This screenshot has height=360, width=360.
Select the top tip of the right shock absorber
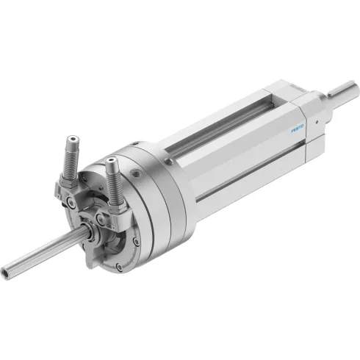tap(112, 160)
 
